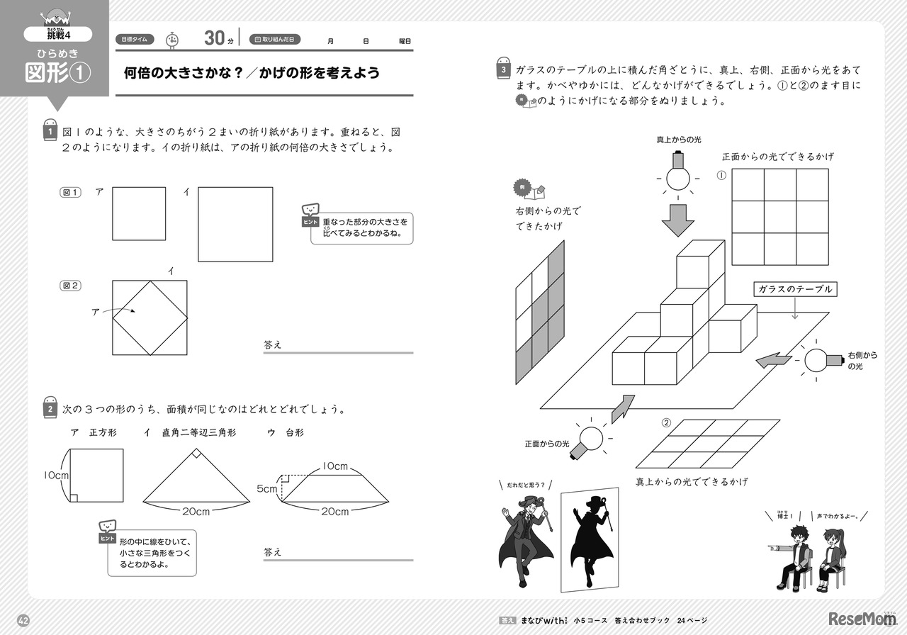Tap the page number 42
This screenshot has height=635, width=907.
click(x=23, y=621)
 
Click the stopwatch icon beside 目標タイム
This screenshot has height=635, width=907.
click(x=171, y=40)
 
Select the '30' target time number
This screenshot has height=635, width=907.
click(x=214, y=39)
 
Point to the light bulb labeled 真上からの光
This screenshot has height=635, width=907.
click(x=679, y=174)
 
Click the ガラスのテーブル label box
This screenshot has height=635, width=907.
click(x=794, y=289)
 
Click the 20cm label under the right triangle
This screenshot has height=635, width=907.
click(x=197, y=511)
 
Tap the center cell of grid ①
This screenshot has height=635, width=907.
click(x=779, y=218)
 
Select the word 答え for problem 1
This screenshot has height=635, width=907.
click(x=273, y=344)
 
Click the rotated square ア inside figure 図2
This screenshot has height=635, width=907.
click(x=150, y=317)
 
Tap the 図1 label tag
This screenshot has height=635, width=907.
click(x=70, y=192)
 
